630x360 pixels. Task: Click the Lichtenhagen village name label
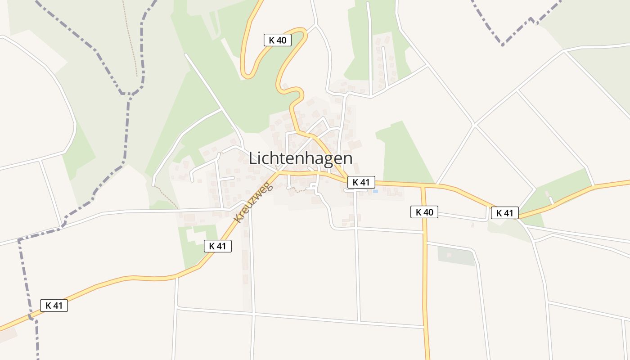300,158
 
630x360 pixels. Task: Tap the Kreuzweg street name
254,202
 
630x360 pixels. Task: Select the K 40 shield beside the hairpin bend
277,40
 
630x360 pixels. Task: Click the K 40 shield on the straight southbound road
424,212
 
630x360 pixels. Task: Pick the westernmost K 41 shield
54,306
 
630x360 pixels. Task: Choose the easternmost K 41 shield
504,213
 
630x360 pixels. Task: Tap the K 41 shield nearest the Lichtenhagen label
361,182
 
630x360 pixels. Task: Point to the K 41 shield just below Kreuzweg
218,246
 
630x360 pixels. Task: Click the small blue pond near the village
375,191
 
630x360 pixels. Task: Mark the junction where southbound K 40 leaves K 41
423,185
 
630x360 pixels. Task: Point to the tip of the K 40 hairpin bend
247,76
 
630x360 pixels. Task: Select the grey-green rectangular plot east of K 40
456,256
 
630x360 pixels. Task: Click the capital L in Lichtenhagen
253,158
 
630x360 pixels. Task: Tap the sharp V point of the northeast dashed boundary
502,45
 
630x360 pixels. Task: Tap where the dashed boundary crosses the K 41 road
31,317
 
